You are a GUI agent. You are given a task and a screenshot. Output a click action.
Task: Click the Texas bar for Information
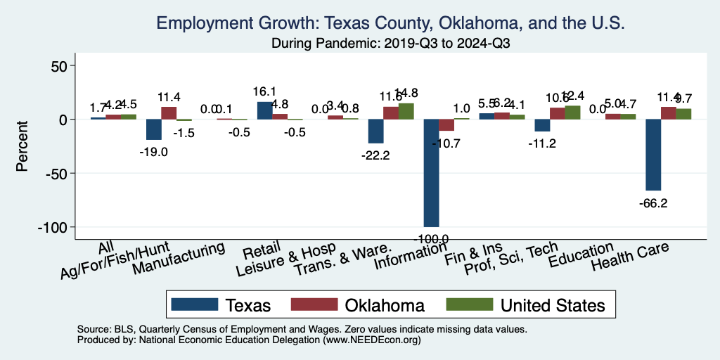point(431,172)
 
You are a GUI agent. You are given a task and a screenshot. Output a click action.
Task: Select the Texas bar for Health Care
point(653,155)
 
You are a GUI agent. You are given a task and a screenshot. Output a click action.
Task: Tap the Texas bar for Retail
point(264,110)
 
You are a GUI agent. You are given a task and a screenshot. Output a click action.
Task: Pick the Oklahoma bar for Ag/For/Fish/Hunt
point(169,113)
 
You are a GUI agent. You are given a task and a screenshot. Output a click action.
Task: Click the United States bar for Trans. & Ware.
point(406,111)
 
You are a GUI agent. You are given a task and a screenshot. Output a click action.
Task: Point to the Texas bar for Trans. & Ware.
point(375,131)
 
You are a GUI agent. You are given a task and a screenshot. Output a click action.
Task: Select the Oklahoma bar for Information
point(446,125)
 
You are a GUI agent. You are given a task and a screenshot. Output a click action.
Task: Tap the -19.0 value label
point(153,151)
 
